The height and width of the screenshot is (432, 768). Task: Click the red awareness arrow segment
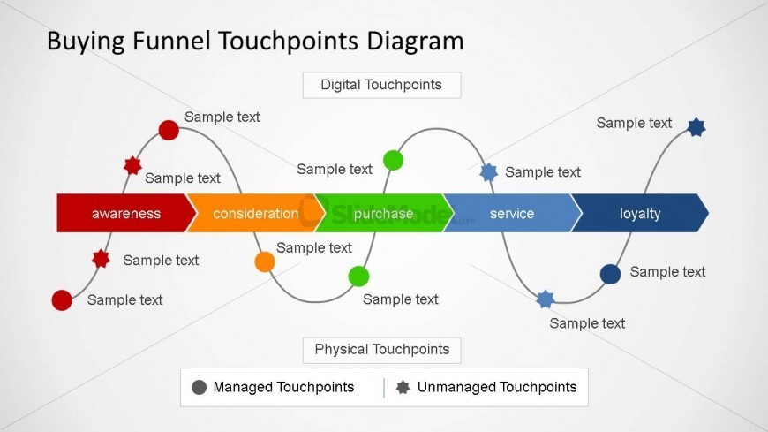pos(124,213)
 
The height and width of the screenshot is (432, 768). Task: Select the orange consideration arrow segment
pos(256,213)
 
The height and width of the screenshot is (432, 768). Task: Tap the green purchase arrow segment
pos(383,213)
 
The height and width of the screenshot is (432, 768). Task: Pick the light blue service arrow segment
pos(512,213)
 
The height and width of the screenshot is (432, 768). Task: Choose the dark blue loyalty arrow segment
pos(640,213)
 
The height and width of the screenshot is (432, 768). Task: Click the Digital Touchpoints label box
pos(381,85)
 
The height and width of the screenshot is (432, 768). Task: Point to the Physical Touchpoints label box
pos(381,350)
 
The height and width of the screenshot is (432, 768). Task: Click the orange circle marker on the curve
pos(265,261)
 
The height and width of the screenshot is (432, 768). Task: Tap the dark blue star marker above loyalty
pos(696,127)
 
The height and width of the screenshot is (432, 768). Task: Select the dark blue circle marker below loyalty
pos(610,274)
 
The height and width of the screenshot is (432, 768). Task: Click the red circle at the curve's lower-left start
pos(62,300)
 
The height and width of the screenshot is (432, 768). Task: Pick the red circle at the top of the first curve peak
pos(169,130)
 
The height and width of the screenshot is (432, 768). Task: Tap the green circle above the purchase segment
pos(394,161)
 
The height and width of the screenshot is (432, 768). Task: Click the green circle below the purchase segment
pos(358,277)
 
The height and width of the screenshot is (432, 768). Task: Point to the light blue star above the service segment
pos(488,172)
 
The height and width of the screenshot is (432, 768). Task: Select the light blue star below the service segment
pos(546,299)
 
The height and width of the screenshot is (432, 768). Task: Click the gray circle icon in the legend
pos(199,387)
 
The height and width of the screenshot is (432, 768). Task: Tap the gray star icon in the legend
pos(403,387)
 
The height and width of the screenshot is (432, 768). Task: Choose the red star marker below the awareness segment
pos(101,259)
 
